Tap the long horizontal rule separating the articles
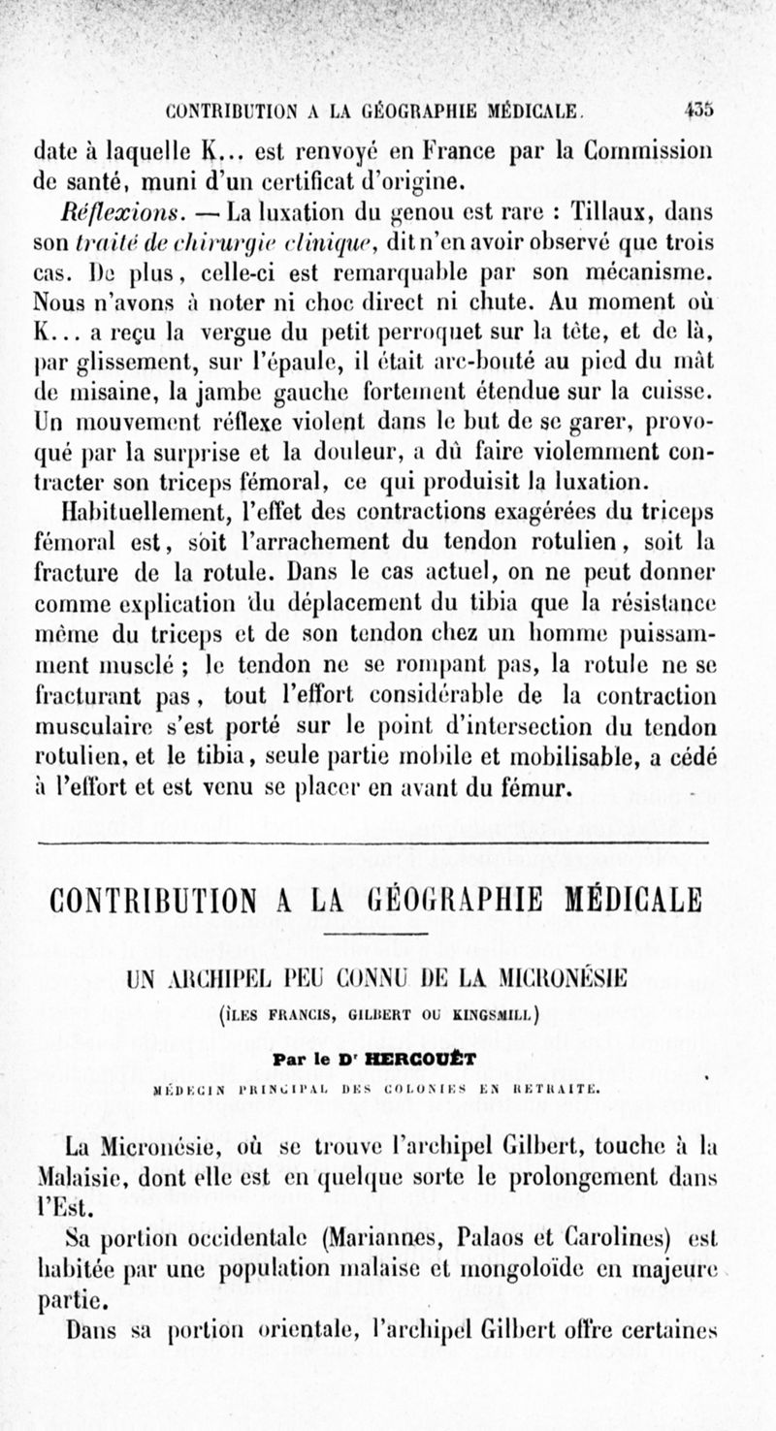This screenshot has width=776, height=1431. click(386, 844)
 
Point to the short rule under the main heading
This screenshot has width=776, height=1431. click(386, 934)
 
